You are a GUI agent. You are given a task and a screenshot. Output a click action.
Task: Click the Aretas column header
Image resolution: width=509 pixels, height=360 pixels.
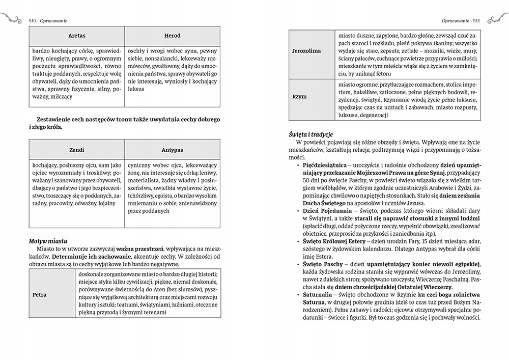pyautogui.click(x=77, y=36)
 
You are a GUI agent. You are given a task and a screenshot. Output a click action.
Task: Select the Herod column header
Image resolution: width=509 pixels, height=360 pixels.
pyautogui.click(x=172, y=36)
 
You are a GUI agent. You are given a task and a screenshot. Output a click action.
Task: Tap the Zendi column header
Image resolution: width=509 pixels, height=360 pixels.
pyautogui.click(x=77, y=150)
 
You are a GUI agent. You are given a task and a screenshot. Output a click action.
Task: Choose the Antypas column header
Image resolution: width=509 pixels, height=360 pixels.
pyautogui.click(x=172, y=150)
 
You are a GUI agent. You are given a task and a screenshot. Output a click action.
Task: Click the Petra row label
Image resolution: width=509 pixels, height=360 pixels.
pyautogui.click(x=39, y=294)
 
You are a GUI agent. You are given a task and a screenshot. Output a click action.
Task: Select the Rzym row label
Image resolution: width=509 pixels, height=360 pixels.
pyautogui.click(x=299, y=96)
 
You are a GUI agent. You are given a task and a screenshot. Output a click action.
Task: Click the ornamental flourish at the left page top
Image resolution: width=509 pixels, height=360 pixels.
pyautogui.click(x=11, y=20)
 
